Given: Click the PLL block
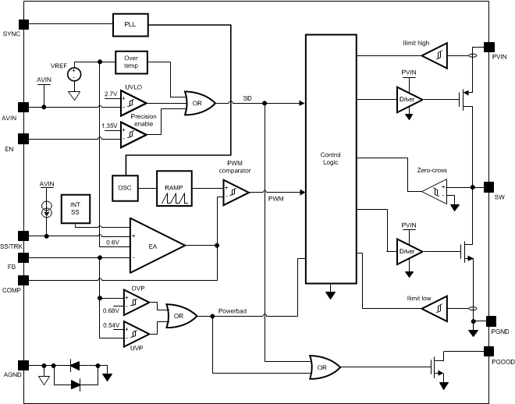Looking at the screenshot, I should [x=130, y=24].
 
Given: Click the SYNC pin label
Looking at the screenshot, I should [x=12, y=35].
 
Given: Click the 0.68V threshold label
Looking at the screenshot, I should [x=111, y=310].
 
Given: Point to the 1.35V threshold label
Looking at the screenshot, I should [x=110, y=125].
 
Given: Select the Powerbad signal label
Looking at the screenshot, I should [x=233, y=310].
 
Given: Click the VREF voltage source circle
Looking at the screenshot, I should [x=74, y=74].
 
